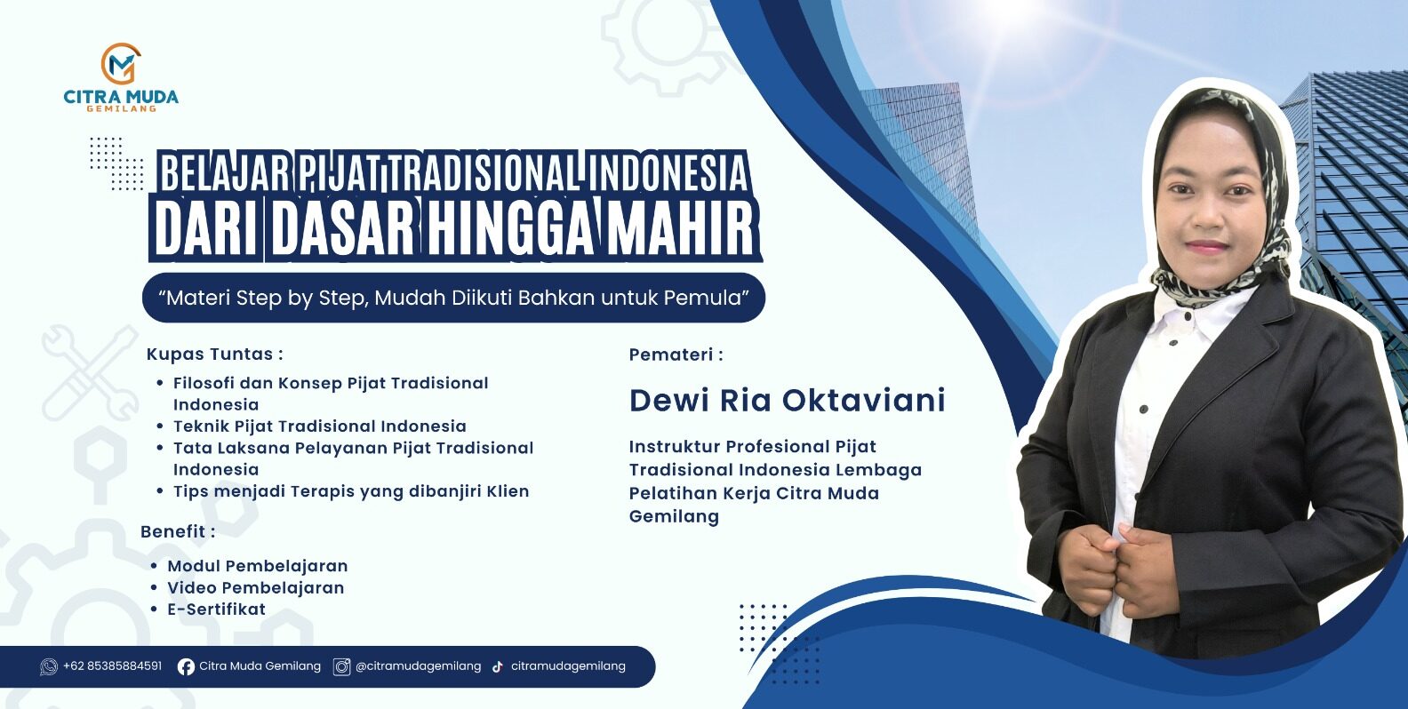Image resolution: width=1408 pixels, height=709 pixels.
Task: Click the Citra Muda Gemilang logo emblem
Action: [121, 63]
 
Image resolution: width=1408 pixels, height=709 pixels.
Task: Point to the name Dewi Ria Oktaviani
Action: [787, 401]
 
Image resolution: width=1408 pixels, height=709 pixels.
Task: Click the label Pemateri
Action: [676, 354]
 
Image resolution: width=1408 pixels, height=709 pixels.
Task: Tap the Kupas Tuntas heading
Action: [214, 354]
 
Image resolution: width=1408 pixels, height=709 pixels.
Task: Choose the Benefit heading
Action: [177, 531]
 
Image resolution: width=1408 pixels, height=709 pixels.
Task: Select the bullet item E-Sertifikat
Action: [216, 609]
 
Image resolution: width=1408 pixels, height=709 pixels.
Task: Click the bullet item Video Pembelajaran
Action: [255, 587]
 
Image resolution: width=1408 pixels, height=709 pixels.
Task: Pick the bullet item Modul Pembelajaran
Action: [257, 566]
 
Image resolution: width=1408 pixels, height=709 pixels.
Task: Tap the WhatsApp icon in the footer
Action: [48, 666]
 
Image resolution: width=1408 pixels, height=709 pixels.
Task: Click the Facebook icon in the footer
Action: [186, 666]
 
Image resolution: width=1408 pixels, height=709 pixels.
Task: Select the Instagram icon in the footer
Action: [341, 666]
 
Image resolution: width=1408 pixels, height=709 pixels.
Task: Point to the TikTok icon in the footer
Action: [497, 666]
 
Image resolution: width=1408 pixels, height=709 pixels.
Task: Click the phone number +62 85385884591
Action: [113, 665]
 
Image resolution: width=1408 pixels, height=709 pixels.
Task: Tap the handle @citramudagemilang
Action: [418, 666]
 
